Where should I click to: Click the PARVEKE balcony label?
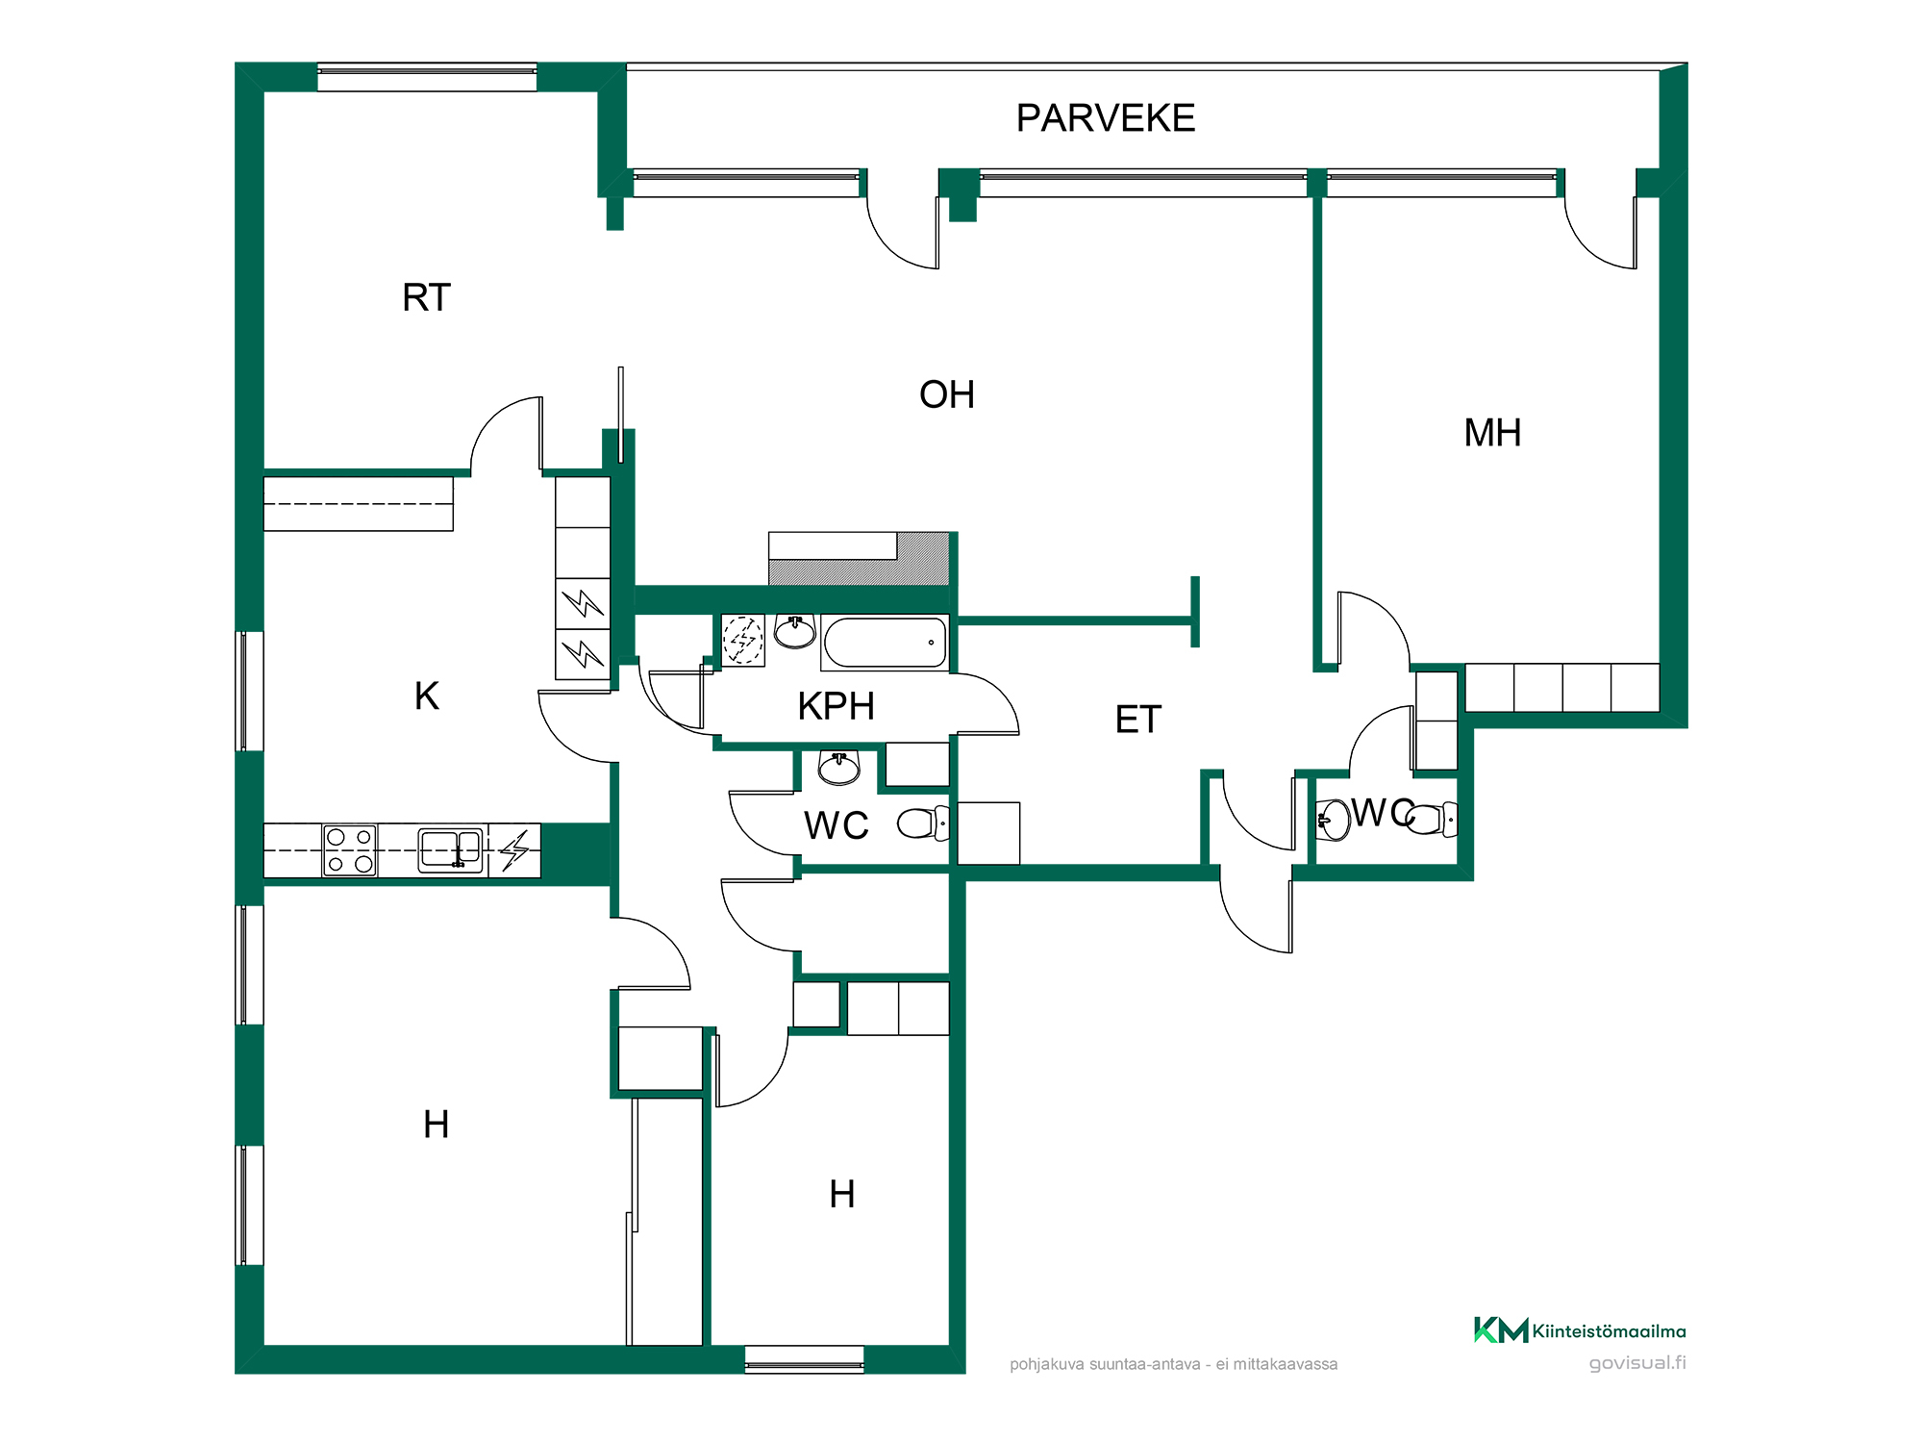1106,118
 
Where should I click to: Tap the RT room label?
426,297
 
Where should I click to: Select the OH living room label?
947,394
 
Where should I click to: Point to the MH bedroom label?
1492,433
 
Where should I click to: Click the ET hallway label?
1138,720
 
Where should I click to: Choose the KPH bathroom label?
837,706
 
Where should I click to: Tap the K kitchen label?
427,696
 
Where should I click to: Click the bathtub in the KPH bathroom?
886,643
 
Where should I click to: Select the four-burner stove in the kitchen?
350,850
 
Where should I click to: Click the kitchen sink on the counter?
450,850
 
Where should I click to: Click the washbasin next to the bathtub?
795,632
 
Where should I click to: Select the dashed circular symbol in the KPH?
743,640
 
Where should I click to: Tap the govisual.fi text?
1637,1363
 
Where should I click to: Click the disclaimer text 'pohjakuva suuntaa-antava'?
1105,1364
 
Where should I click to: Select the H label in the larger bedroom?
436,1124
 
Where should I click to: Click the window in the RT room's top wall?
427,77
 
